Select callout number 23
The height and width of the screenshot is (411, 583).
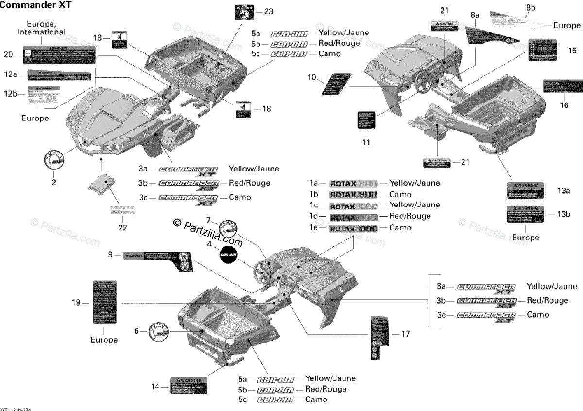269,11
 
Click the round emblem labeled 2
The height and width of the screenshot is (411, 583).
54,159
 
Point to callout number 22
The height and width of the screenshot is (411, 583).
122,227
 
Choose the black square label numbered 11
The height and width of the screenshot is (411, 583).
366,120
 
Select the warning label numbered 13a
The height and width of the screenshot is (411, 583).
523,191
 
